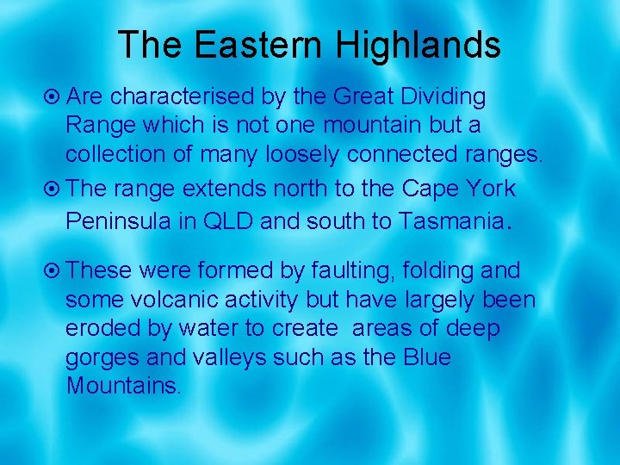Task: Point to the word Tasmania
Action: coord(449,220)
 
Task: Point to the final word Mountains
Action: coord(122,386)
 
